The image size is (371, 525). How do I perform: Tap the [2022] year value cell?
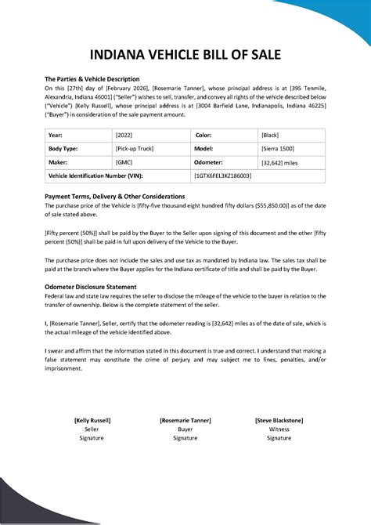click(x=124, y=134)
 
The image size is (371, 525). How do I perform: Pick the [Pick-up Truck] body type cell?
click(x=135, y=148)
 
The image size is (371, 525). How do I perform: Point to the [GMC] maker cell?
click(x=124, y=162)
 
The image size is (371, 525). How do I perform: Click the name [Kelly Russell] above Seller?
click(x=92, y=421)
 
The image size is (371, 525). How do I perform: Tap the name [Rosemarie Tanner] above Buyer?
click(x=185, y=421)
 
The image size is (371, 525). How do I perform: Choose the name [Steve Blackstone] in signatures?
click(x=279, y=421)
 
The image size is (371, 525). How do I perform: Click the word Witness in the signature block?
click(x=279, y=429)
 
